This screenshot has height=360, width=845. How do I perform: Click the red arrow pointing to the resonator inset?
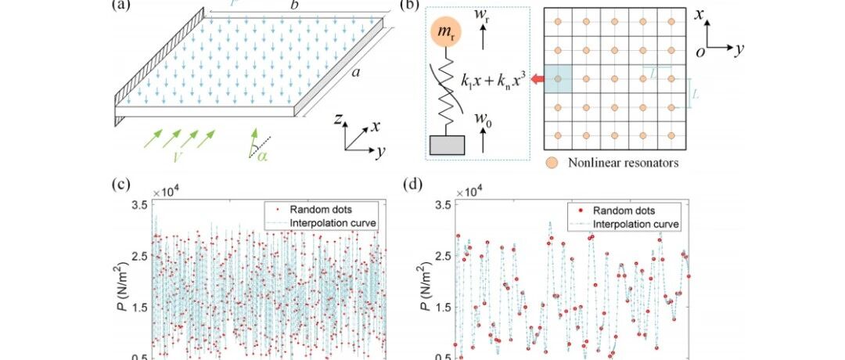tap(539, 79)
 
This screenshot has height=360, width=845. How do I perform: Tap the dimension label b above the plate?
tap(295, 5)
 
